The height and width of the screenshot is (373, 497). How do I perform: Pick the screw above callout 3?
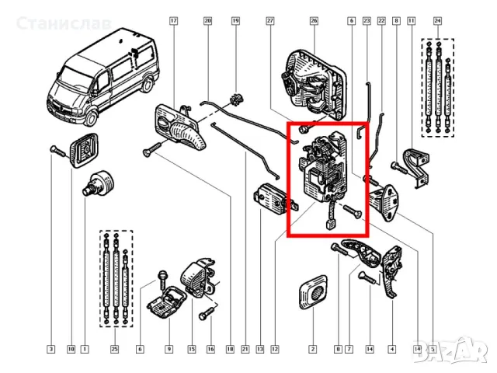pos(56,149)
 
